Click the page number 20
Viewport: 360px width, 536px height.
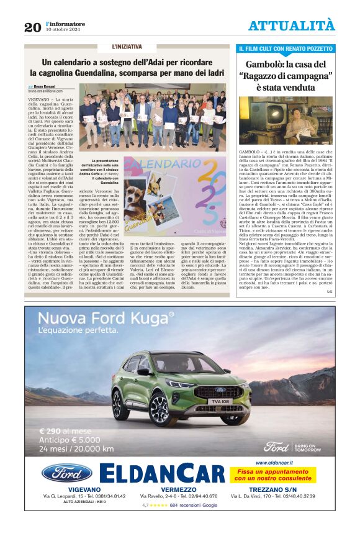pyautogui.click(x=32, y=27)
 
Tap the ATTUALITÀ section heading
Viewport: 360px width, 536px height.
pyautogui.click(x=291, y=25)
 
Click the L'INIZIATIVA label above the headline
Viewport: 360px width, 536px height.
pyautogui.click(x=127, y=47)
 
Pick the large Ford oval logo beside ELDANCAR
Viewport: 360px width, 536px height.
pyautogui.click(x=67, y=473)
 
